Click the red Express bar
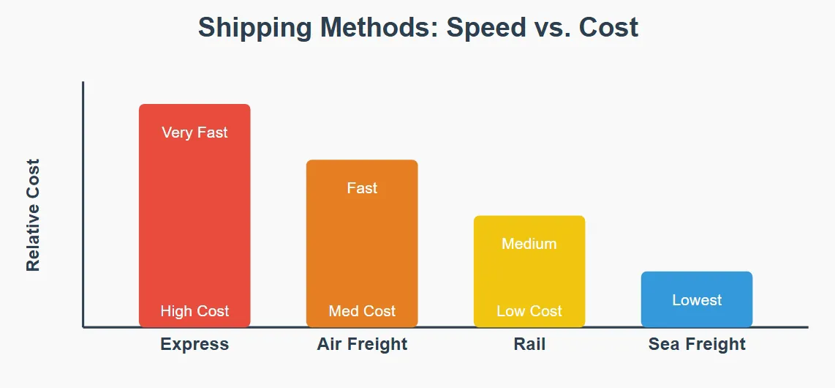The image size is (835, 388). (x=194, y=220)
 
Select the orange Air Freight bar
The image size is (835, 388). (x=362, y=249)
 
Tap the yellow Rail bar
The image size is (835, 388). (x=529, y=278)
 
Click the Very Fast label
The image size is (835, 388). (x=194, y=133)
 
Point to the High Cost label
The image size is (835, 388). (x=194, y=311)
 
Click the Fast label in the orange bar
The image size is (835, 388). (x=362, y=188)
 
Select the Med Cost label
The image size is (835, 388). (x=362, y=311)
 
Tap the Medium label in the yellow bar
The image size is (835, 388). (x=529, y=244)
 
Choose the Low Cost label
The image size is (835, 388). (x=529, y=311)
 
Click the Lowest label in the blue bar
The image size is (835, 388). (x=697, y=300)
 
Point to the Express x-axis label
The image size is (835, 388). (x=194, y=344)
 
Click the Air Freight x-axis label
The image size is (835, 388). (x=362, y=344)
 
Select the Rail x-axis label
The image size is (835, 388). (x=529, y=344)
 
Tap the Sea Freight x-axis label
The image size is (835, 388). (x=697, y=344)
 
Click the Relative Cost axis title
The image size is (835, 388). (x=33, y=214)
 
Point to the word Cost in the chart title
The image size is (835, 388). (x=608, y=28)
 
